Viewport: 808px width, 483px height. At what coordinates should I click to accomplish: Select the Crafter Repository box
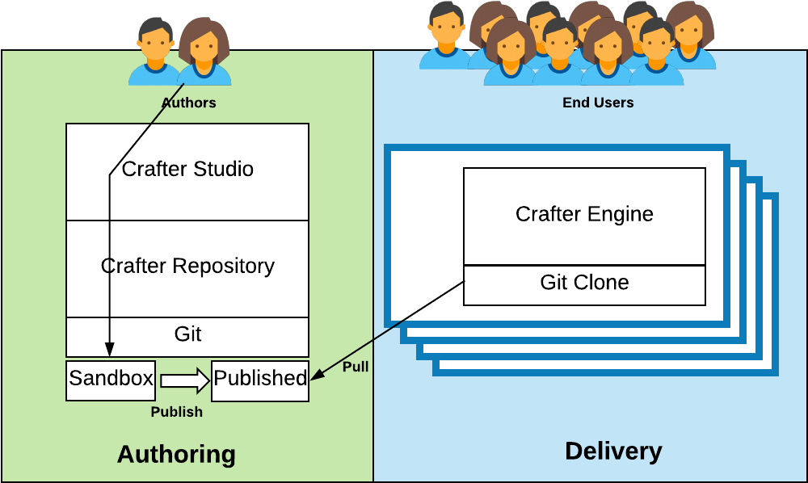(x=187, y=267)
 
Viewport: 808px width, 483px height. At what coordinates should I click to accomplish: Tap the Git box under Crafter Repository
(x=187, y=334)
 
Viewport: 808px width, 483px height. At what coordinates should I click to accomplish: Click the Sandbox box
(x=111, y=379)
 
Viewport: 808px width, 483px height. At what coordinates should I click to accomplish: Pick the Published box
(x=260, y=379)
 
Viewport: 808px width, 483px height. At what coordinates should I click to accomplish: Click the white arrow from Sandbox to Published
(x=184, y=380)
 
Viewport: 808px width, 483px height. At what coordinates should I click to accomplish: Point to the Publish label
(x=176, y=412)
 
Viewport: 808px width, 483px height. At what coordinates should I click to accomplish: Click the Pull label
(x=356, y=367)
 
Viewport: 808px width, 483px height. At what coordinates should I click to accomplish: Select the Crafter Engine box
(x=584, y=215)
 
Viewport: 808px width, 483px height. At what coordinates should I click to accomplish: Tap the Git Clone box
(x=584, y=283)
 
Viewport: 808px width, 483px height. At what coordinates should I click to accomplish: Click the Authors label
(x=188, y=103)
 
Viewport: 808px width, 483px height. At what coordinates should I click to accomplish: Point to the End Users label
(x=598, y=103)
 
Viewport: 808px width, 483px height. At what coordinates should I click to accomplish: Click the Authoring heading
(x=176, y=454)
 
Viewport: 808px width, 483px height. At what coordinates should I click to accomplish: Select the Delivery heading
(x=613, y=451)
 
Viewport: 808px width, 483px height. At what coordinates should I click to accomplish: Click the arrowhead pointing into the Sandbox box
(x=109, y=350)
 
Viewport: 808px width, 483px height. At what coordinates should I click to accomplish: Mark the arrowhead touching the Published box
(x=316, y=375)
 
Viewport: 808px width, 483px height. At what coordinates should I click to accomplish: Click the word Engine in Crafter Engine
(x=621, y=215)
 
